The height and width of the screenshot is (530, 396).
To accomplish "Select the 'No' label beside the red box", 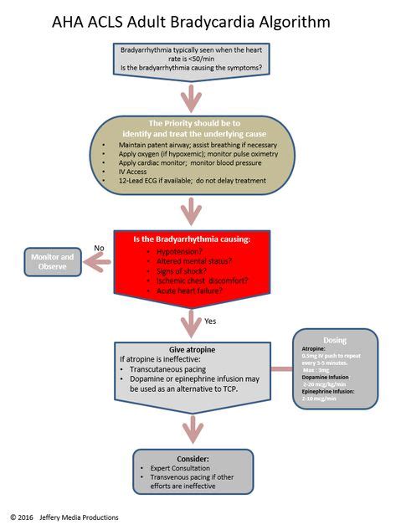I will click(x=99, y=248).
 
